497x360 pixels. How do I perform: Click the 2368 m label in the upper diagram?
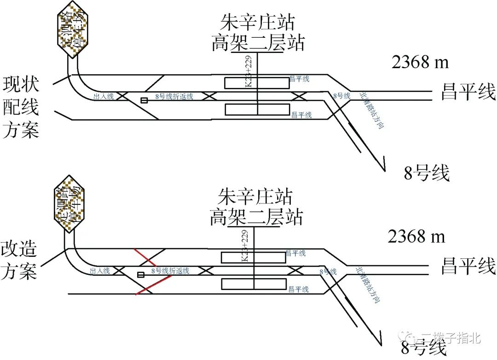[x=420, y=62]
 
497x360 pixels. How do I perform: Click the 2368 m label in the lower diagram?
[x=416, y=237]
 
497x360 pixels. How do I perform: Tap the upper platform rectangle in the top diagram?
[x=256, y=83]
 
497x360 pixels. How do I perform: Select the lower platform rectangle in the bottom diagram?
[x=254, y=284]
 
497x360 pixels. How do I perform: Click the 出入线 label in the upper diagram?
[x=101, y=97]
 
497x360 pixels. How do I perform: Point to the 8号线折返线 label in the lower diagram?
[x=170, y=271]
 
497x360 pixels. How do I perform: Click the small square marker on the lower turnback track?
[x=141, y=275]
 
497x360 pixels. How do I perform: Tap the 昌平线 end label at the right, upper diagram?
[x=468, y=92]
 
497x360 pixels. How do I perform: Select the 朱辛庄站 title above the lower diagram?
[x=255, y=197]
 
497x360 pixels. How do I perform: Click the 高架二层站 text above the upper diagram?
[x=258, y=44]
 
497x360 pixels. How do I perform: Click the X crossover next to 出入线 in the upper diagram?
[x=121, y=96]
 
